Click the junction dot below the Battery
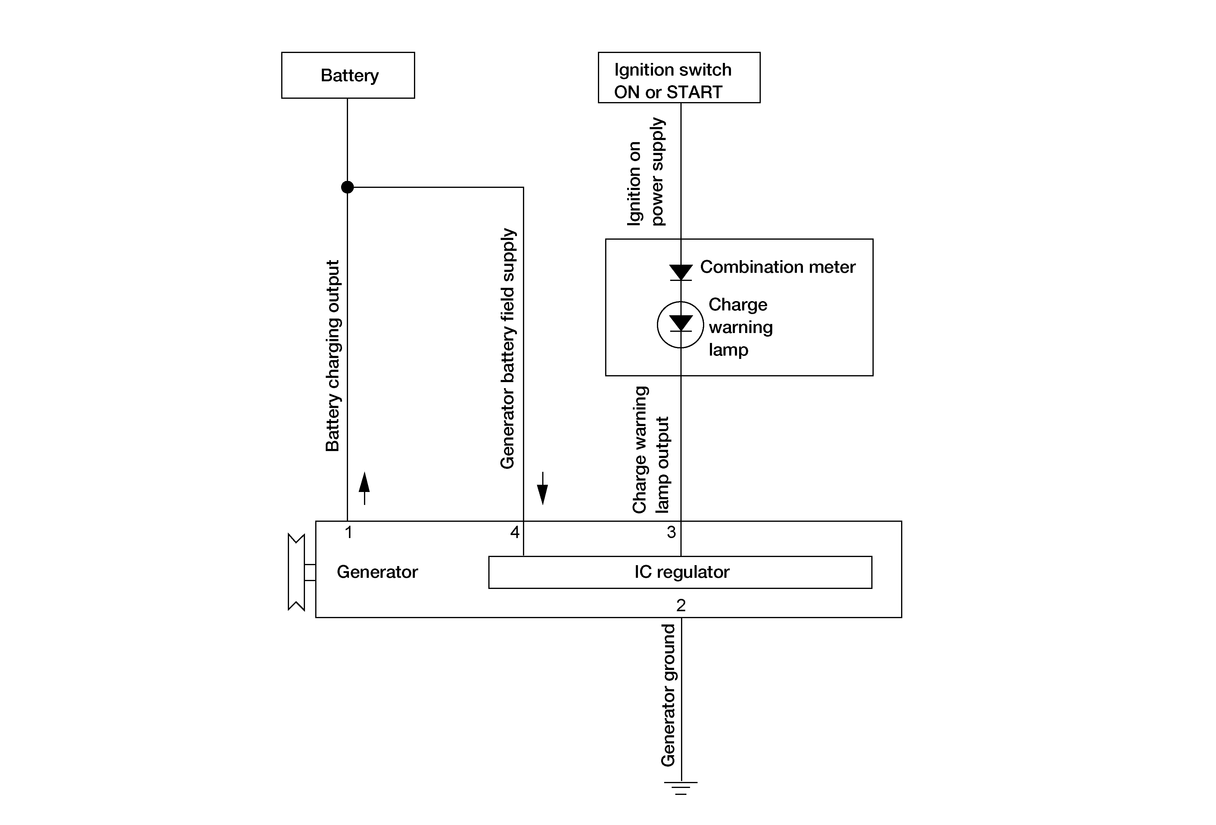(347, 187)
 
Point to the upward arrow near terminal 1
(364, 488)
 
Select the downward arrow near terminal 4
(543, 488)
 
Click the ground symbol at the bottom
(681, 788)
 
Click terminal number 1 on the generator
(348, 533)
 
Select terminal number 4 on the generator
(515, 533)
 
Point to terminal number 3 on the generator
(671, 533)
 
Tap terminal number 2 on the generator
(681, 605)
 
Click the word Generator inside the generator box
(377, 572)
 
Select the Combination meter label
(778, 267)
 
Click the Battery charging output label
(333, 356)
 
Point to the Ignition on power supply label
(645, 172)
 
